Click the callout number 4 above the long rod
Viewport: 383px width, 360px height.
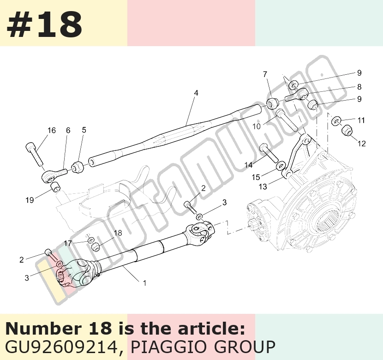[196, 93]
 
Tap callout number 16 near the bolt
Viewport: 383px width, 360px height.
[52, 131]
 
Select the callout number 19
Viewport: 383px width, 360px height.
[30, 200]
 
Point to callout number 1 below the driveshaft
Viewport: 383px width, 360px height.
[144, 283]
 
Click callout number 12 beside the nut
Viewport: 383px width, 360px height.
[361, 144]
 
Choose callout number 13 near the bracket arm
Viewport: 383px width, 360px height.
[263, 186]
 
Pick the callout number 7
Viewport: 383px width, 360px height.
[265, 74]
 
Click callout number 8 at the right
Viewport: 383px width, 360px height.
[359, 87]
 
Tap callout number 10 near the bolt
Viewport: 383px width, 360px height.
[257, 126]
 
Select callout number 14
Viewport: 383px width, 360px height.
[249, 165]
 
